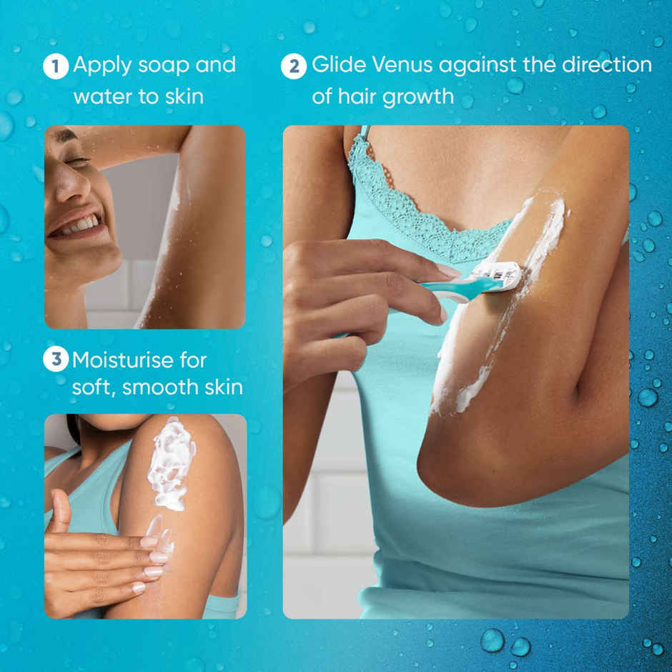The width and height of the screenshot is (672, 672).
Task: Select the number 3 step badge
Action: point(55,359)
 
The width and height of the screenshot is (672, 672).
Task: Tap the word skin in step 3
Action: point(221,387)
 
